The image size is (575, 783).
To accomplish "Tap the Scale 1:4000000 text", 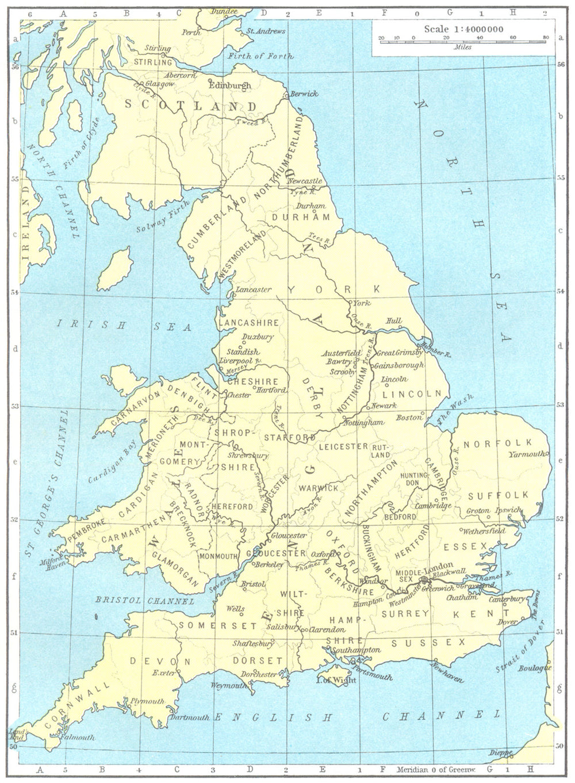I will (x=463, y=29).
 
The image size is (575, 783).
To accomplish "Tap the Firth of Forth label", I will (x=260, y=56).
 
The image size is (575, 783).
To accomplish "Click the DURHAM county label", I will (x=301, y=217).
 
